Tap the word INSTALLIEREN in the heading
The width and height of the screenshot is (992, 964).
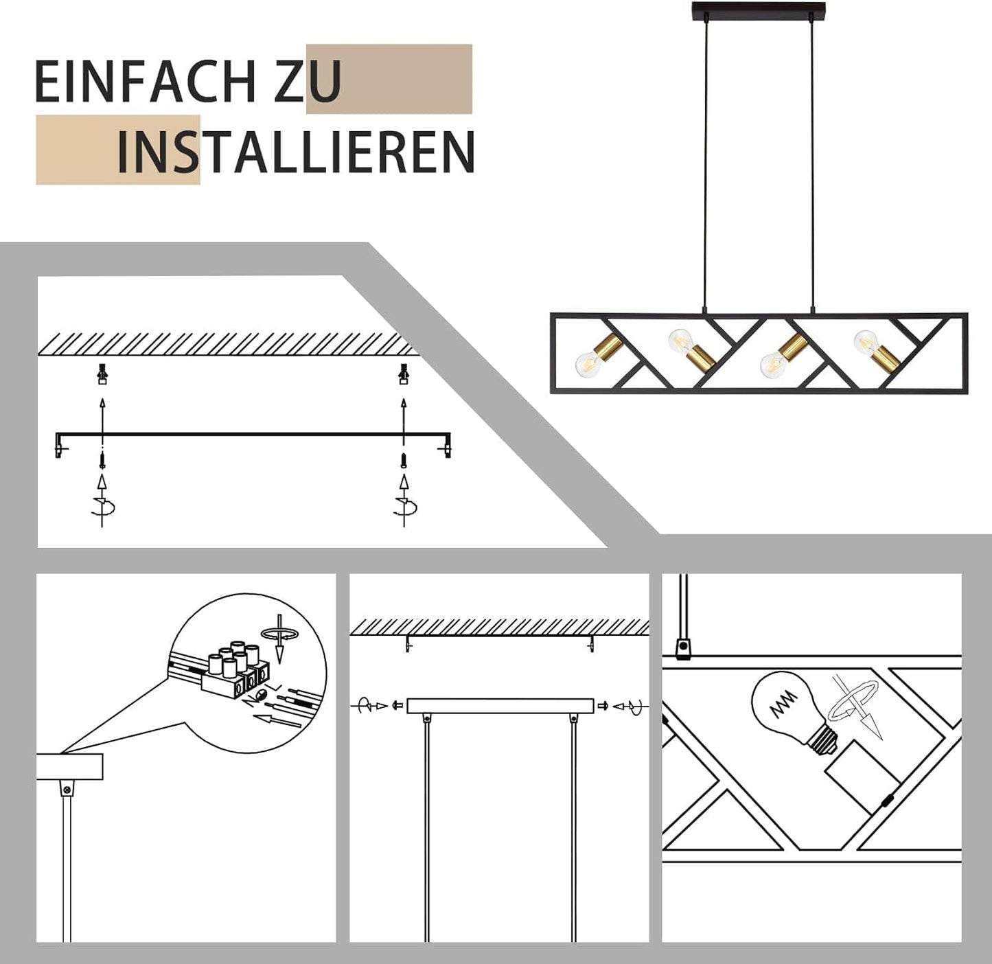296,152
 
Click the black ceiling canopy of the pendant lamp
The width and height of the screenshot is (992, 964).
758,11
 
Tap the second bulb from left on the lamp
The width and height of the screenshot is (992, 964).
680,340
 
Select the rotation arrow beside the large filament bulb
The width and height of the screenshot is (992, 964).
855,707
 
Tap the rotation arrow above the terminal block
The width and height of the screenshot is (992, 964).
279,636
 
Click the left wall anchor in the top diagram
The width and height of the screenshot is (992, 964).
102,374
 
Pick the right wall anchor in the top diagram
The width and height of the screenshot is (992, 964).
404,374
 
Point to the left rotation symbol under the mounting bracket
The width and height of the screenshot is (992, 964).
103,507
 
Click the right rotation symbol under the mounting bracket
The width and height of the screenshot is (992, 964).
404,507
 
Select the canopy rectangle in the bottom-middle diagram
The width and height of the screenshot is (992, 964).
500,706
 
